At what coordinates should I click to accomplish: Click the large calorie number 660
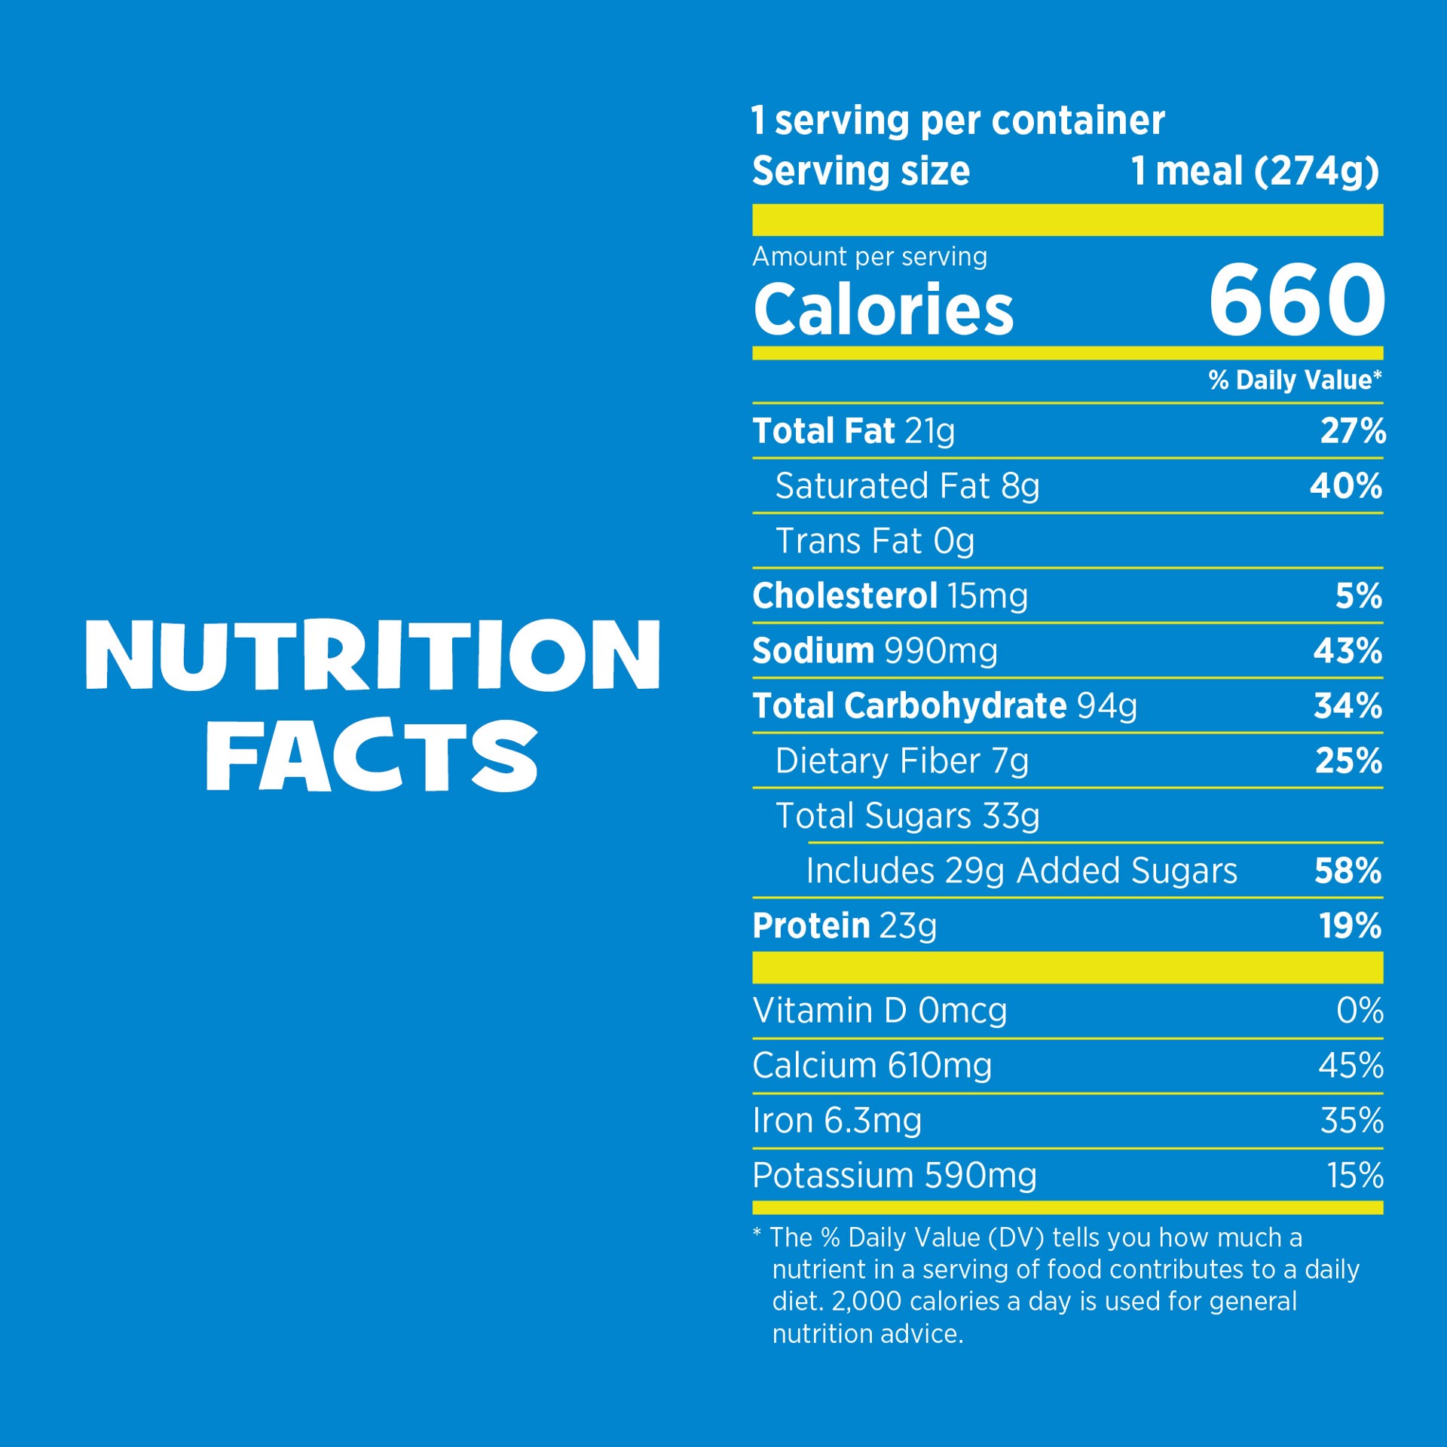[x=1296, y=301]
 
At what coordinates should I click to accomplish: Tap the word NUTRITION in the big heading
[x=373, y=654]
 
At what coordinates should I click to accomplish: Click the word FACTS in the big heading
[x=372, y=755]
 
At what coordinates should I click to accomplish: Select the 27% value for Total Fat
[x=1353, y=431]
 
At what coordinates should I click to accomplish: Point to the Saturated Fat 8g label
[x=907, y=486]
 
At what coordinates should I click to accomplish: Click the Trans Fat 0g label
[x=875, y=541]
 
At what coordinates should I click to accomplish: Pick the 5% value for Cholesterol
[x=1359, y=596]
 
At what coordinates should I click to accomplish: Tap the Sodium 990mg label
[x=875, y=651]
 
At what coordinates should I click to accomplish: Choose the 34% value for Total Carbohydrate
[x=1348, y=706]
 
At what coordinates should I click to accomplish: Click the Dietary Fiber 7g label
[x=902, y=761]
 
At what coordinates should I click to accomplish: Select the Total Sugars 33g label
[x=907, y=816]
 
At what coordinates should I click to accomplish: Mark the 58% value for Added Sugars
[x=1348, y=871]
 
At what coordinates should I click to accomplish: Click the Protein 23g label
[x=845, y=926]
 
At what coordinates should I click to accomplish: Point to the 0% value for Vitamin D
[x=1360, y=1011]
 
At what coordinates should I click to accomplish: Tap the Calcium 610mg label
[x=872, y=1066]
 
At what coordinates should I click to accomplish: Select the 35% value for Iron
[x=1352, y=1121]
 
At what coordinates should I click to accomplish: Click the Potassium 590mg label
[x=895, y=1176]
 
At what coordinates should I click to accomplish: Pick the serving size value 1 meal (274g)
[x=1255, y=171]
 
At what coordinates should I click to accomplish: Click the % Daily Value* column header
[x=1295, y=380]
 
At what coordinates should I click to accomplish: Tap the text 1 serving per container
[x=958, y=121]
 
